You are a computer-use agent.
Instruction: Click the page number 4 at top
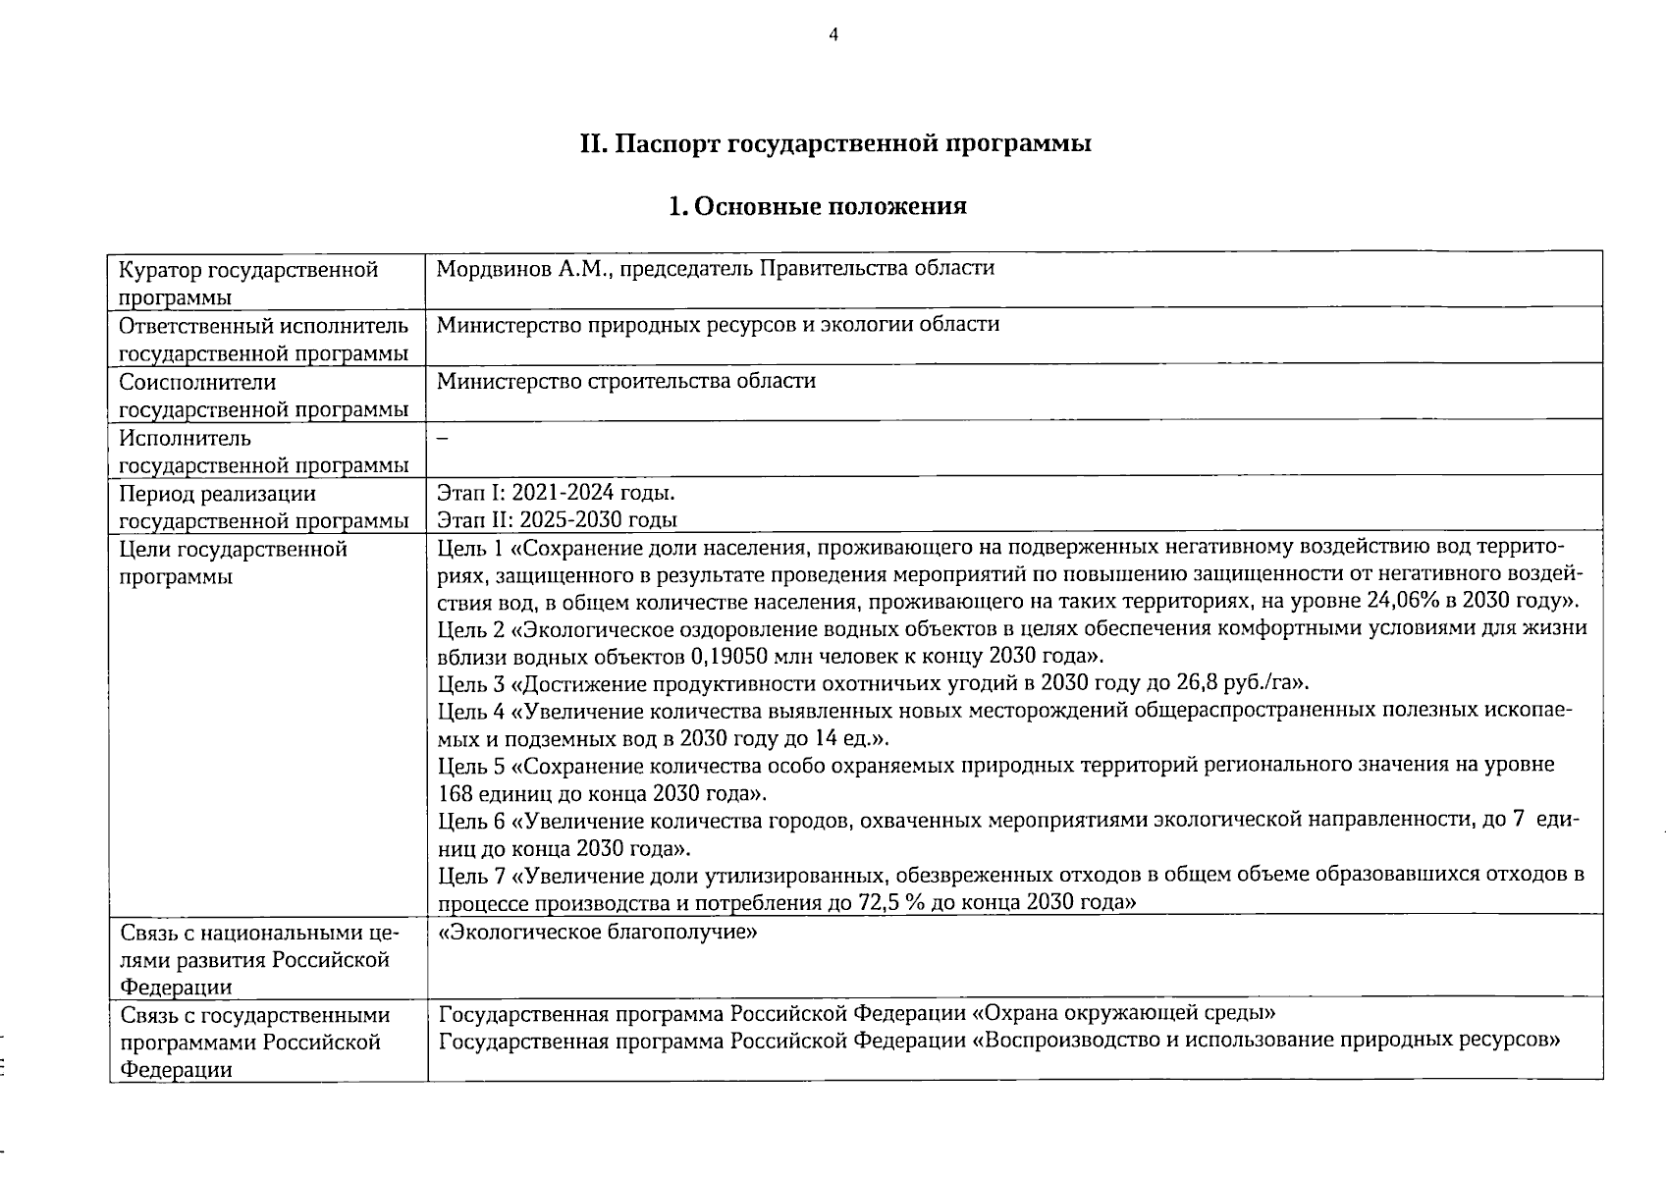(x=833, y=35)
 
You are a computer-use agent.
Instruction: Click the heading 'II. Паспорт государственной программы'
(x=835, y=143)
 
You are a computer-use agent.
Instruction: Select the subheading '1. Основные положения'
(x=817, y=206)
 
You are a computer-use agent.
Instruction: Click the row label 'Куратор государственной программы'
(x=248, y=283)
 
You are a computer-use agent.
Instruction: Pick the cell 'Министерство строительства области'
(x=625, y=381)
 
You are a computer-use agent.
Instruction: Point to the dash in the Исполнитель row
(x=442, y=439)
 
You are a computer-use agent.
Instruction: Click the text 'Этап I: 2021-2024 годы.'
(x=556, y=493)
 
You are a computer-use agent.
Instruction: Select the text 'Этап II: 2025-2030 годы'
(x=557, y=520)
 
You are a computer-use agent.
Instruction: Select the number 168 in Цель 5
(x=456, y=793)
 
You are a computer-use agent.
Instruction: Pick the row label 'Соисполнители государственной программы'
(x=263, y=396)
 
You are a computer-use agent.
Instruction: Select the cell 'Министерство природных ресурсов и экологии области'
(x=718, y=324)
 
